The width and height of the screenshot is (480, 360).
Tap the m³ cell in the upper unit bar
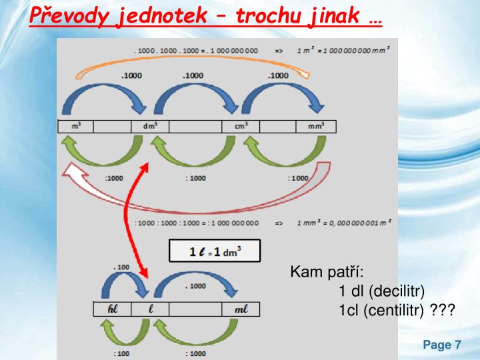click(x=76, y=126)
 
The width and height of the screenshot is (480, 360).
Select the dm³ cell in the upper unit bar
click(x=150, y=126)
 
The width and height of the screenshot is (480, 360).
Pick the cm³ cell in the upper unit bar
click(x=241, y=126)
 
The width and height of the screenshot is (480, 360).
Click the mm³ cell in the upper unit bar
click(x=315, y=126)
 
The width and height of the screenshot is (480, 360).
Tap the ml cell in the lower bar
click(x=241, y=309)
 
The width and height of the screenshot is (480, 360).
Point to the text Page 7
click(x=442, y=345)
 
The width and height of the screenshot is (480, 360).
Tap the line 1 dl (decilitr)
click(x=381, y=291)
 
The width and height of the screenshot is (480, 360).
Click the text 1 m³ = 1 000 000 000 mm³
click(x=343, y=50)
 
